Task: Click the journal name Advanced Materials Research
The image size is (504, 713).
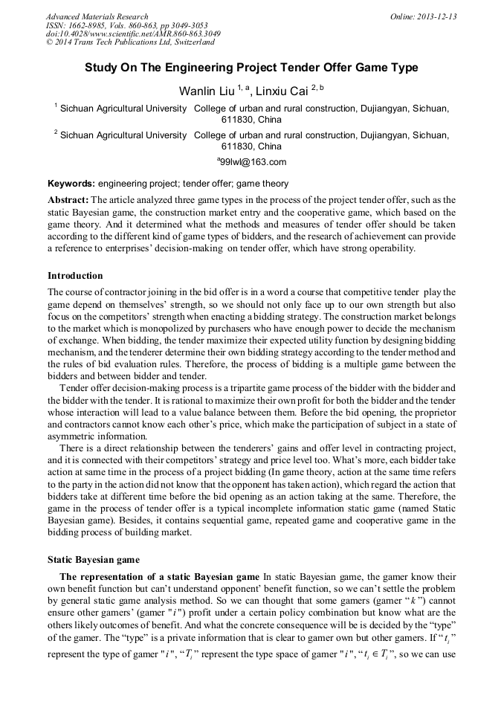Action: (97, 16)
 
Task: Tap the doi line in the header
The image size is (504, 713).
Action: (133, 33)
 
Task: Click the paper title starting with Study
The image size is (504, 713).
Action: (251, 68)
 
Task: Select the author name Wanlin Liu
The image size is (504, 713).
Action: (206, 91)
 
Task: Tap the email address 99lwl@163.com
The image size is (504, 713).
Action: (252, 161)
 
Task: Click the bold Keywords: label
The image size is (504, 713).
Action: (71, 184)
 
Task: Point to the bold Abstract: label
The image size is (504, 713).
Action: (68, 200)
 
